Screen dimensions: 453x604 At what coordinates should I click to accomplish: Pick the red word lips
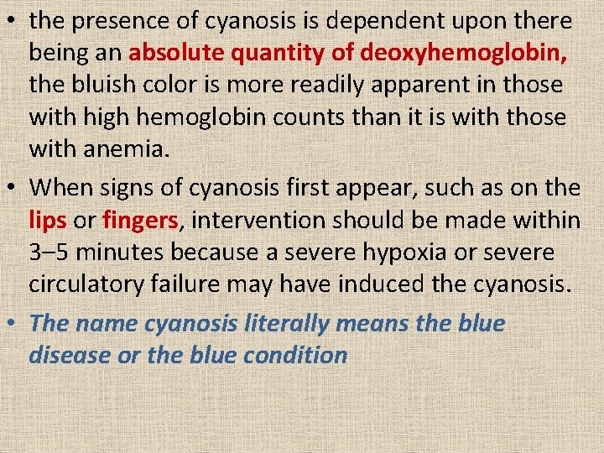coord(48,220)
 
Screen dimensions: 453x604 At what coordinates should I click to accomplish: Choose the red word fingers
coord(139,220)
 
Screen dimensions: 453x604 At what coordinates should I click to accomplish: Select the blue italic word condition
coord(295,354)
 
